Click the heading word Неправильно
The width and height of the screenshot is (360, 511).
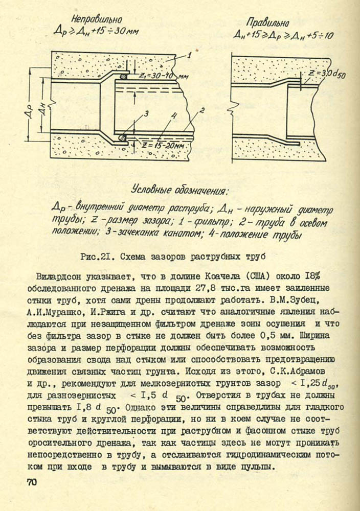[96, 20]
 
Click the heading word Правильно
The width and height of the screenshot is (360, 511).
[267, 22]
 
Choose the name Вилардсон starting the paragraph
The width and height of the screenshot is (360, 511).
[58, 276]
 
